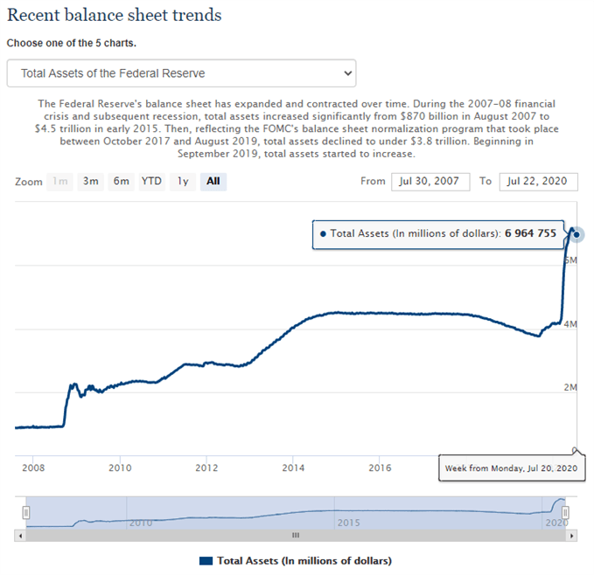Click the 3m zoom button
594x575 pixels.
(x=91, y=182)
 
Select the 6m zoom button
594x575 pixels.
(x=121, y=182)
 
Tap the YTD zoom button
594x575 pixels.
(x=151, y=182)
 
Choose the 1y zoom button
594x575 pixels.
(x=182, y=182)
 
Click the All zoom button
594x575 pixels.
(x=213, y=182)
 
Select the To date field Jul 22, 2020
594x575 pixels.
(x=538, y=182)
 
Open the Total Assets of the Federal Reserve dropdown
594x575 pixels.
(x=181, y=73)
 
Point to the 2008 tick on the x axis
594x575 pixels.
(x=33, y=468)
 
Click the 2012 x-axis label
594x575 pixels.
(x=206, y=468)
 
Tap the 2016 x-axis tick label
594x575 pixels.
(x=380, y=468)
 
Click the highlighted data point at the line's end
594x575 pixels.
(x=577, y=234)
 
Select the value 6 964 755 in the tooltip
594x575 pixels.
(x=531, y=234)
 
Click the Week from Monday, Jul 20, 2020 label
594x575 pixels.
(x=509, y=468)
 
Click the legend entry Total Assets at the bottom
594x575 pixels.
(x=296, y=560)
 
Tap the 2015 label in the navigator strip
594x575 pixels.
(x=348, y=522)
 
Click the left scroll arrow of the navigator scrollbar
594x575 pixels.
(x=19, y=535)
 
